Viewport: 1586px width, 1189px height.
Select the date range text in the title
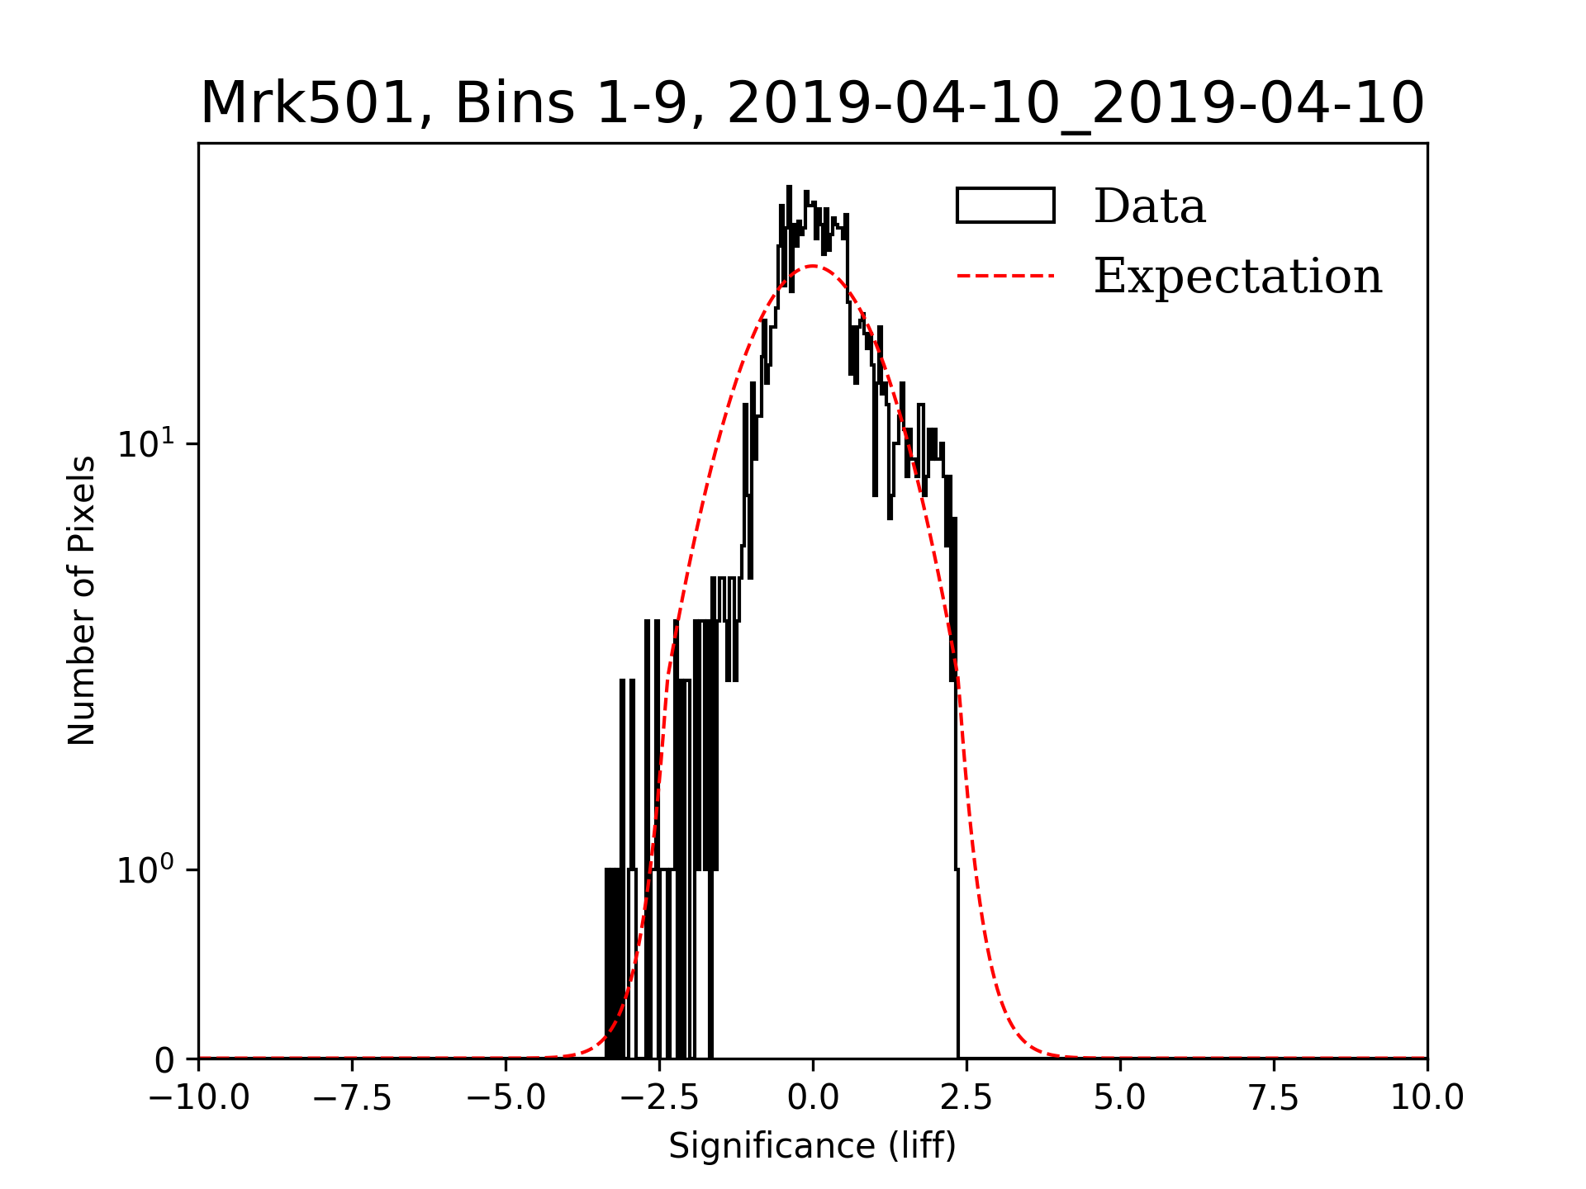pos(1076,105)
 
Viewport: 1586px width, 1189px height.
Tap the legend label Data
pos(1149,206)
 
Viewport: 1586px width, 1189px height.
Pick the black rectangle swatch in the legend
pos(1005,206)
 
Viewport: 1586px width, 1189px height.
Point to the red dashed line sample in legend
pos(1005,276)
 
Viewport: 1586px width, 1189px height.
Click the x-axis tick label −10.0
pos(199,1098)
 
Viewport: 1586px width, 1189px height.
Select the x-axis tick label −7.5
pos(353,1098)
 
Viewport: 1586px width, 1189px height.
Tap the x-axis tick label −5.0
pos(506,1098)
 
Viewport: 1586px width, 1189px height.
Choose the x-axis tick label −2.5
pos(659,1098)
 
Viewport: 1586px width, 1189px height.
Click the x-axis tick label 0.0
pos(813,1098)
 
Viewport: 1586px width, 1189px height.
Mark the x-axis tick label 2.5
pos(966,1098)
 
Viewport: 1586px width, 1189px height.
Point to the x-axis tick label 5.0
pos(1120,1098)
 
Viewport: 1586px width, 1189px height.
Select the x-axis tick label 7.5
pos(1274,1098)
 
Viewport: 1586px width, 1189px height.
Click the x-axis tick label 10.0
pos(1427,1098)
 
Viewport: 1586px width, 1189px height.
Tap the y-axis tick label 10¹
pos(146,444)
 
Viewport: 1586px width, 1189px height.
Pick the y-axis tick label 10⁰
pos(146,870)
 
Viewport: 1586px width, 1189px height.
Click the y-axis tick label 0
pos(165,1060)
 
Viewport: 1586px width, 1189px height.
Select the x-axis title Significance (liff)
pos(812,1147)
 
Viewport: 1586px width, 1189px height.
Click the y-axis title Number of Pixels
pos(82,600)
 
